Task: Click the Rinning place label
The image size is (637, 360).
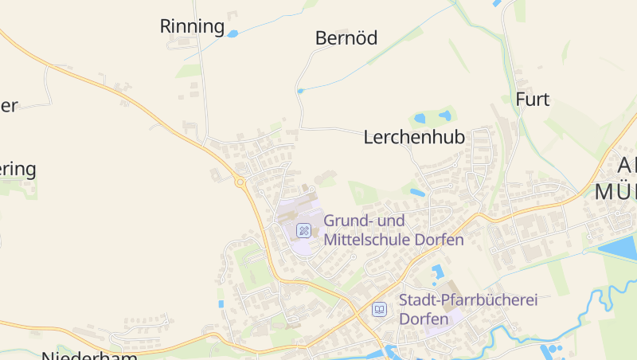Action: (x=193, y=26)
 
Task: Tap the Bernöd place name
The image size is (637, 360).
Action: (x=346, y=37)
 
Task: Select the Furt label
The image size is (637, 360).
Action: (x=533, y=100)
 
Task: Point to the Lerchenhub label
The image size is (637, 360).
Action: (x=414, y=137)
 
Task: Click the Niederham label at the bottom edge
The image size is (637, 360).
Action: (x=90, y=355)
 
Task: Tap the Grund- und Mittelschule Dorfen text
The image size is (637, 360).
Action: (x=393, y=229)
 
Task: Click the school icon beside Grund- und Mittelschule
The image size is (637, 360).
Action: (x=303, y=230)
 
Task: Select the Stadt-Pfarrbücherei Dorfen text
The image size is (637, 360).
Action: (x=468, y=309)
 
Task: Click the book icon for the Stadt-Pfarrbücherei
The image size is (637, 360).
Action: (x=380, y=309)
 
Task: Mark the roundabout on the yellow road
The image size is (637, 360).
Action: (x=240, y=182)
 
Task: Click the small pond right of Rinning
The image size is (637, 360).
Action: (x=233, y=33)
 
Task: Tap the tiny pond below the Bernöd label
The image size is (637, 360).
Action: (x=300, y=91)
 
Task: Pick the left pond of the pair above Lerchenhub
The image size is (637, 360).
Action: (x=420, y=118)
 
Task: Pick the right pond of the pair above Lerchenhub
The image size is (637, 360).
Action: (x=444, y=116)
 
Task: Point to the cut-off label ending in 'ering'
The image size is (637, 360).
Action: (x=18, y=170)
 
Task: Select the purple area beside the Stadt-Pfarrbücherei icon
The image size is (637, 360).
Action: (x=436, y=323)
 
